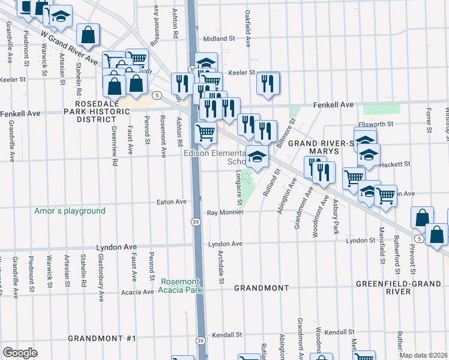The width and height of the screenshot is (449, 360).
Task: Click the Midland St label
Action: (218, 38)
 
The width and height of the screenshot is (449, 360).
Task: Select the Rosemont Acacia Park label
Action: (181, 286)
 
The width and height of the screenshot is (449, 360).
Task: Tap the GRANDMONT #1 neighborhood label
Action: (101, 338)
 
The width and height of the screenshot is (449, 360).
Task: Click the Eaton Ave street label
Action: (172, 202)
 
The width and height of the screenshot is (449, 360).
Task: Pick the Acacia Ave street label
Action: (137, 292)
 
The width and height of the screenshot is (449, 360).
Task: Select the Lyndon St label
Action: (361, 241)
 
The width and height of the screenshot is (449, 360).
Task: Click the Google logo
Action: (20, 353)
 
